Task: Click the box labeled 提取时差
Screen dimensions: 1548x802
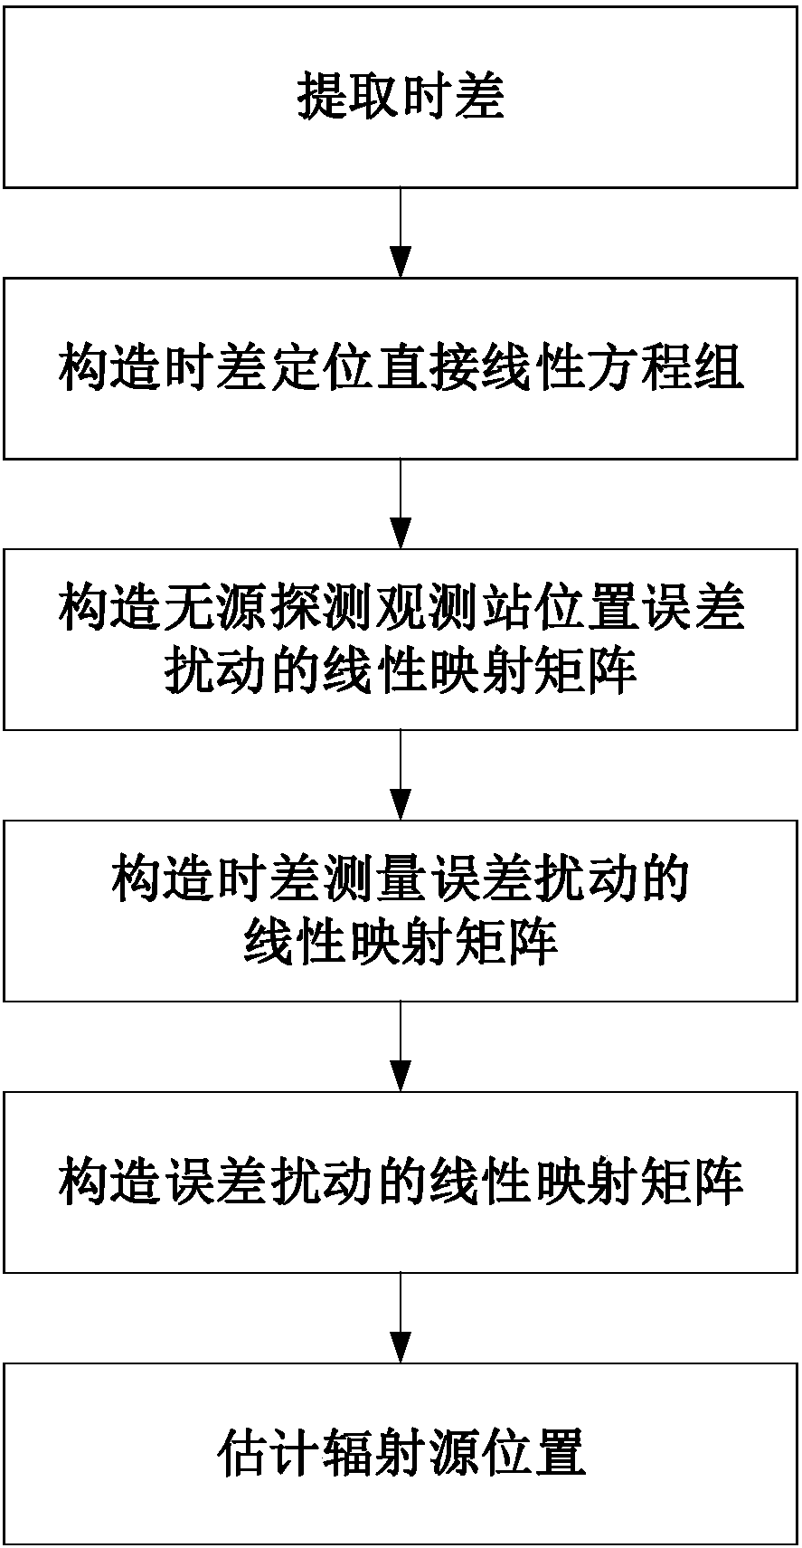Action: pos(401,97)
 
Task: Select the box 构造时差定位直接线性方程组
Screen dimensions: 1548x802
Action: pos(401,368)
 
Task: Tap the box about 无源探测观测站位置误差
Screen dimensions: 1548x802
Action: pos(401,639)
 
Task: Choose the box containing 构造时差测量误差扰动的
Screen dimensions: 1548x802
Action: pos(401,910)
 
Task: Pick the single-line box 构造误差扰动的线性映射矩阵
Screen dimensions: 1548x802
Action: pos(401,1182)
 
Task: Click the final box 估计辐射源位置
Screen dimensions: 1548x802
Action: pos(401,1453)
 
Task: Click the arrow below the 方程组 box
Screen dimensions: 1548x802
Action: pos(401,503)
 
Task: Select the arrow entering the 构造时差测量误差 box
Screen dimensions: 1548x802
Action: pos(401,774)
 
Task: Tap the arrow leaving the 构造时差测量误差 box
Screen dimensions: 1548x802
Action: pos(401,1046)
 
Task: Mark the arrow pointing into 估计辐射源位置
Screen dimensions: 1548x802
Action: pos(401,1317)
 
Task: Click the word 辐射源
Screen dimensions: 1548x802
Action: pos(401,1453)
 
